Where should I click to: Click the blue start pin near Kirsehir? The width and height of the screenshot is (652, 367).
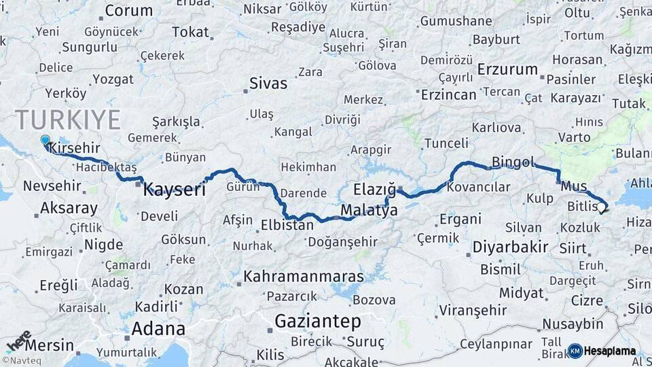(45, 141)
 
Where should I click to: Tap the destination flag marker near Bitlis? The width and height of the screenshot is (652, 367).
(602, 209)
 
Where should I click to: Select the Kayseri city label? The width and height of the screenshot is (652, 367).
(174, 190)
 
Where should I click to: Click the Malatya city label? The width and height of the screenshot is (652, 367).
(369, 211)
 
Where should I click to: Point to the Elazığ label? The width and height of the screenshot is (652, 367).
(374, 189)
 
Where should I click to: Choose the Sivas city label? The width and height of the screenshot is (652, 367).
(268, 84)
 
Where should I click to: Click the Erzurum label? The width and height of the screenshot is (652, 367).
(507, 70)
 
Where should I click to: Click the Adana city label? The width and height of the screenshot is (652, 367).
(158, 329)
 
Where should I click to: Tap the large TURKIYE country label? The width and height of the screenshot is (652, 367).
(68, 120)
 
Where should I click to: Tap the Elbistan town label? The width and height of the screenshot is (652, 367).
(287, 224)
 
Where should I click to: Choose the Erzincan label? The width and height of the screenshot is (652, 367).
(448, 94)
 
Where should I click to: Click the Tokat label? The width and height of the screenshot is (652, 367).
(190, 32)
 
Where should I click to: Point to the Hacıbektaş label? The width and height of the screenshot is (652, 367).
(107, 167)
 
